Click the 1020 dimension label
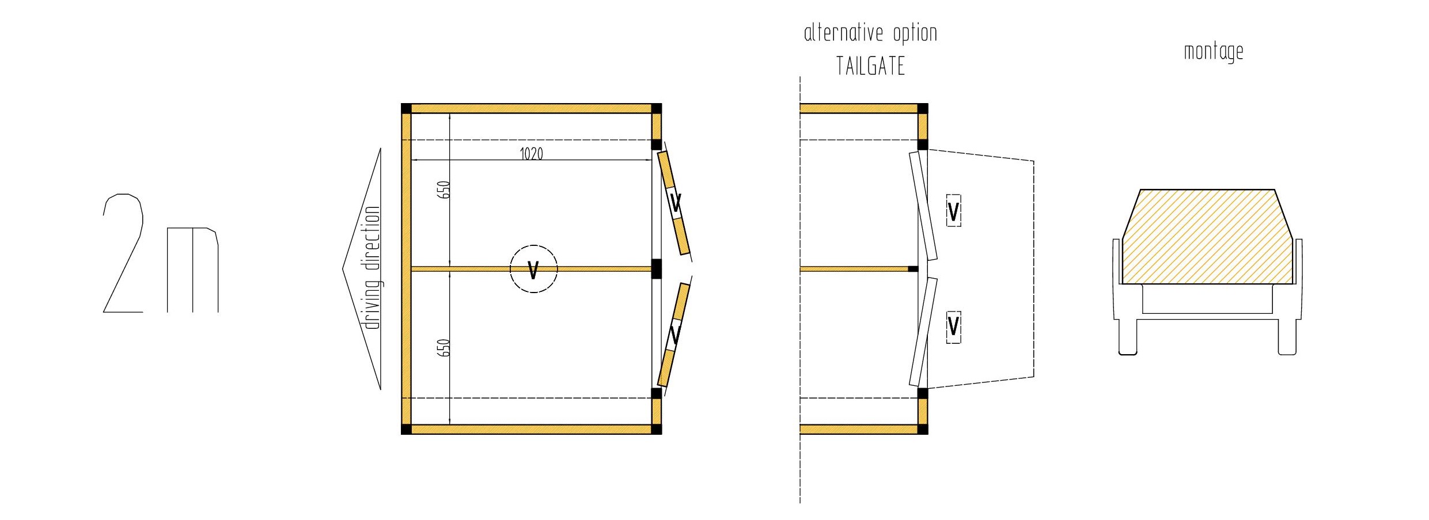coord(531,154)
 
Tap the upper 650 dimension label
coord(443,189)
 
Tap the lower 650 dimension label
coord(443,347)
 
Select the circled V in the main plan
coord(533,269)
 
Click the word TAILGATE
coord(870,66)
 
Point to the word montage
coord(1214,52)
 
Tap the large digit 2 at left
coord(123,253)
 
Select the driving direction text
coord(373,268)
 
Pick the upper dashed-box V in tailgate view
coord(953,211)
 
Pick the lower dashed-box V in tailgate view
coord(953,326)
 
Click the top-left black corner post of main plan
coord(406,109)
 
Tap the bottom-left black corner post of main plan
coord(406,429)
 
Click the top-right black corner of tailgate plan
coord(923,109)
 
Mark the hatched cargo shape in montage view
coord(1207,237)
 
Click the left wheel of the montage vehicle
coord(1128,337)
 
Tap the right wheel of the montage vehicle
coord(1287,337)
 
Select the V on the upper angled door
coord(676,203)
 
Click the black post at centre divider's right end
coord(656,269)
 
